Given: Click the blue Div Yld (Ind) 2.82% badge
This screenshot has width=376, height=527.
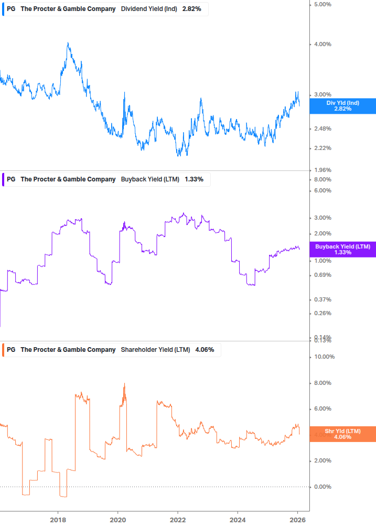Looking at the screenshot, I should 343,106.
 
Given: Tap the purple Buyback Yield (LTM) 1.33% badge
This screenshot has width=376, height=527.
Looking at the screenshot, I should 343,250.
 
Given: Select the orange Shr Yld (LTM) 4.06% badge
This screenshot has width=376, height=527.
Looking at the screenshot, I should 343,434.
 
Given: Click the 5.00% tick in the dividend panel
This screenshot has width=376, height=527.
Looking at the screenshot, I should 322,5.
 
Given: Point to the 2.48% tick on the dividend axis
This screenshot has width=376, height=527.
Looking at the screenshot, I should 322,129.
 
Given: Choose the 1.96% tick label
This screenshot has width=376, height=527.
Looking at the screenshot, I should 322,170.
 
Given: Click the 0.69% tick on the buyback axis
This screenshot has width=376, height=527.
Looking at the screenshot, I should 322,275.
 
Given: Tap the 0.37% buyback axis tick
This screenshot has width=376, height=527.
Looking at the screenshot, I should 322,300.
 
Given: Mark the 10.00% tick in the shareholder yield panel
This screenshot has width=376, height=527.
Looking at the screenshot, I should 324,357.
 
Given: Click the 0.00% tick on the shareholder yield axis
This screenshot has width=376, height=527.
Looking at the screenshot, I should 322,487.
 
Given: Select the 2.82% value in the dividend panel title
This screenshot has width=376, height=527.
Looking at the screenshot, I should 192,9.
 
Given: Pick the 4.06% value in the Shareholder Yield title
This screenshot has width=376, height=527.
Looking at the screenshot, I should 205,350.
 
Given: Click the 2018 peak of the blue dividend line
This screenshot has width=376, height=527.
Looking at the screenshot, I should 68,44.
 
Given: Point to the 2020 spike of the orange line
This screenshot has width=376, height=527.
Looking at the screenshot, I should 124,384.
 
